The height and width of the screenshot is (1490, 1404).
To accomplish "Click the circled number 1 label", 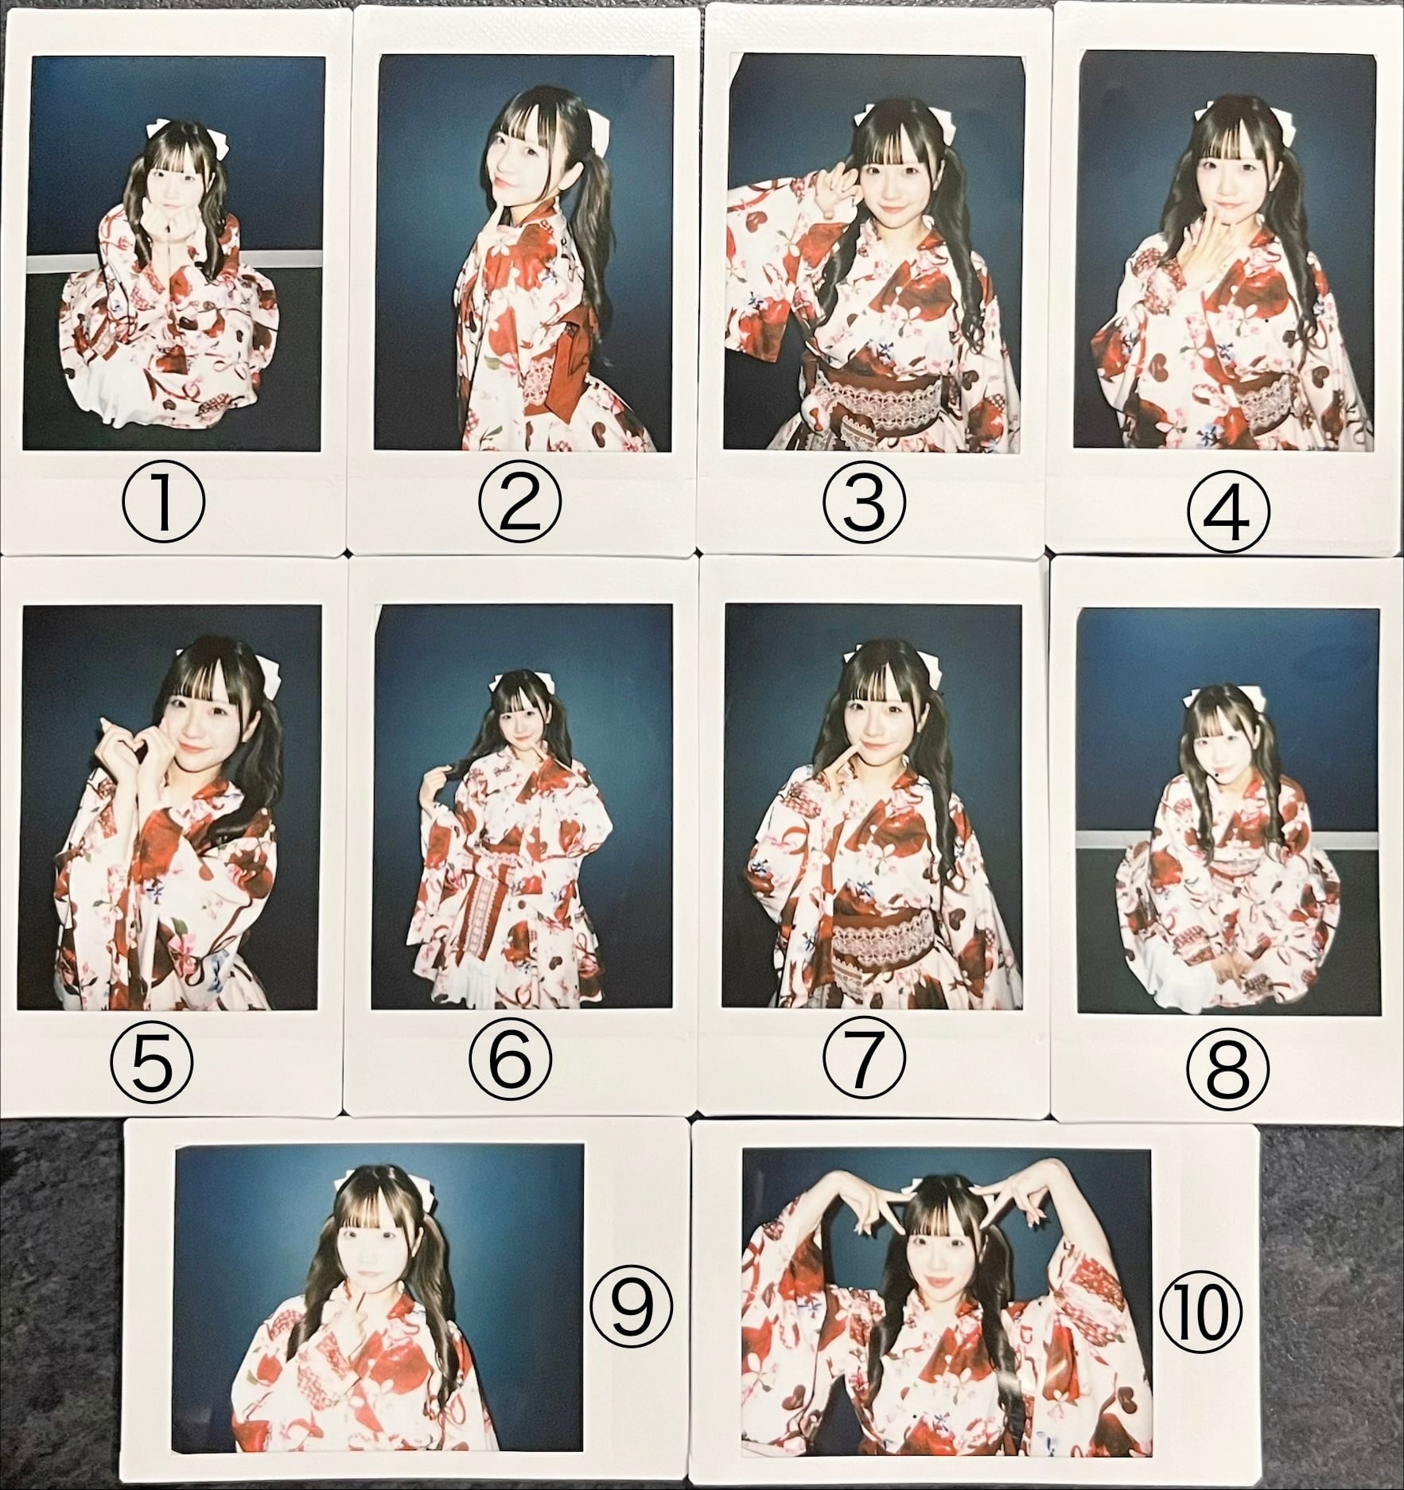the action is tap(163, 503).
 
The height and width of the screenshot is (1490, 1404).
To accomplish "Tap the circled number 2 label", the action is tap(519, 503).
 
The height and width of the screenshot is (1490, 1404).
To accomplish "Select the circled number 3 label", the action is tap(865, 503).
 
